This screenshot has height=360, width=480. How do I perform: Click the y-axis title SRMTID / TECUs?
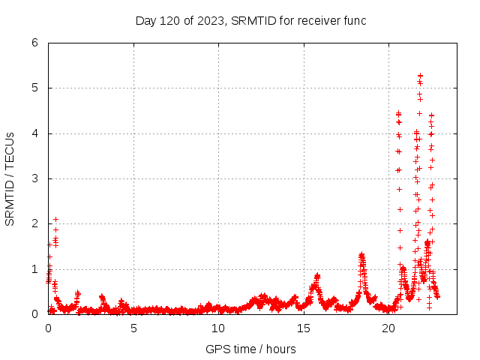10,178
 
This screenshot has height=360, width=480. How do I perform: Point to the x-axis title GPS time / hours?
250,349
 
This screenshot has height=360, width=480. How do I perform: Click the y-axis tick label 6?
35,43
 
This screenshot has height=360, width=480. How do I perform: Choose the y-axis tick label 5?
35,88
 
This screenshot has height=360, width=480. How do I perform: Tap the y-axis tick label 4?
35,133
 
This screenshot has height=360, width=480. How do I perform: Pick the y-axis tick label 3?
35,178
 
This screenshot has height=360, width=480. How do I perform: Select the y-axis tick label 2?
35,223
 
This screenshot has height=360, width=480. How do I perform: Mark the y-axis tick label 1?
35,269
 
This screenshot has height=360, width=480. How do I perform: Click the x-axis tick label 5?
133,328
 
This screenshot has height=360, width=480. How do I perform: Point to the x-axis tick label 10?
218,328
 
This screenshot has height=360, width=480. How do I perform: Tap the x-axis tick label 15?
304,328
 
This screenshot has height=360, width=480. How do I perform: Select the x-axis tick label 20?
388,328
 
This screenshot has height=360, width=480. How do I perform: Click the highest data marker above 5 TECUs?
420,76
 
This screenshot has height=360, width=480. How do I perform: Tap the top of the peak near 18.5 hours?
361,255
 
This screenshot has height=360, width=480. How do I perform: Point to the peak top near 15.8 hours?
317,275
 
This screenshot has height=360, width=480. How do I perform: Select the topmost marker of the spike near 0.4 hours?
55,219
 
